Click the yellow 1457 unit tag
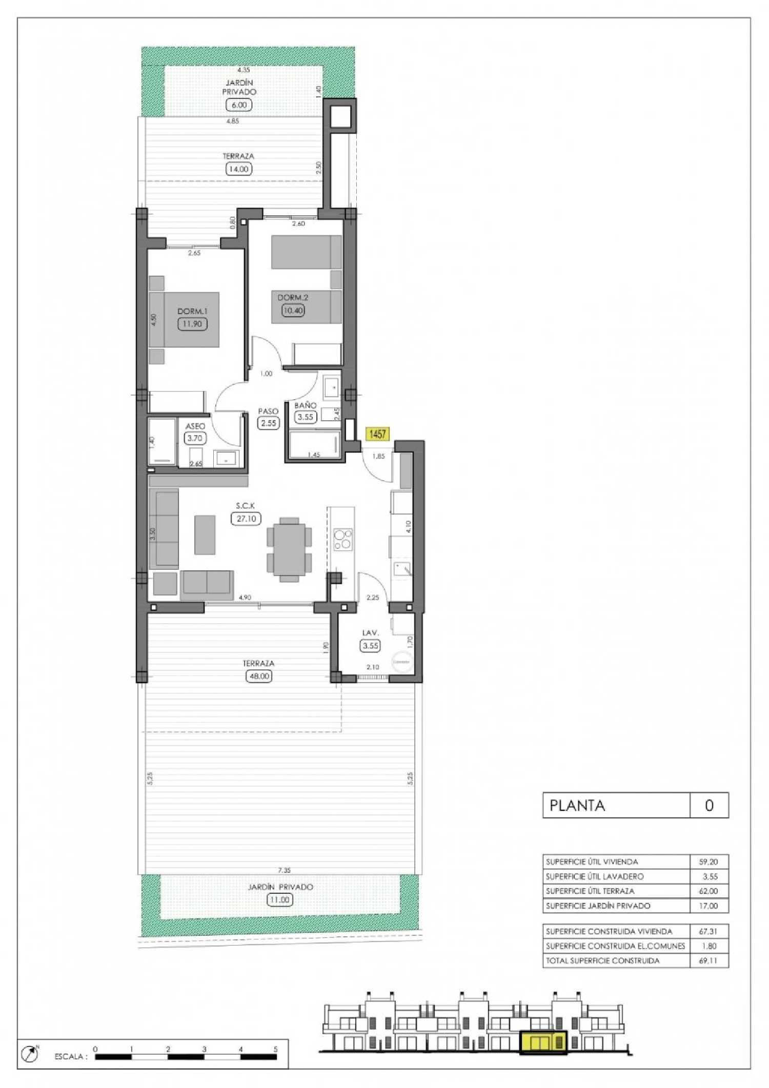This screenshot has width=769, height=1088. [x=377, y=434]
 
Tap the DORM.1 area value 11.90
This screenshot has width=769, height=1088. [x=192, y=324]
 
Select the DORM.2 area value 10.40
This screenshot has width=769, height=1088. [x=293, y=310]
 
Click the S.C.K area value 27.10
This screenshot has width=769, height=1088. [x=246, y=519]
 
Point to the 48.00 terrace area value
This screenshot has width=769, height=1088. [x=258, y=676]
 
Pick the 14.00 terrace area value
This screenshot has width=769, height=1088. [x=238, y=169]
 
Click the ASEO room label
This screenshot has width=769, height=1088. [x=195, y=426]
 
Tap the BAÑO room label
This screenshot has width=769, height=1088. [x=305, y=405]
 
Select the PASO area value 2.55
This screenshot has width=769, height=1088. [x=268, y=423]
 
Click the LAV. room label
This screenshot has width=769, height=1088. [x=370, y=633]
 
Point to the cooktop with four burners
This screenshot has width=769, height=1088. [x=342, y=539]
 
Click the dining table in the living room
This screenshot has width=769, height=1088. [x=289, y=549]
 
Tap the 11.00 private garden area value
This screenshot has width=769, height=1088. [x=280, y=900]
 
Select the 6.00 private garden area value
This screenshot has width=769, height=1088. [x=239, y=105]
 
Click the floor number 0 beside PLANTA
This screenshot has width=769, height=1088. [x=709, y=806]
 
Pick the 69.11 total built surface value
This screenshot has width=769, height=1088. [x=708, y=961]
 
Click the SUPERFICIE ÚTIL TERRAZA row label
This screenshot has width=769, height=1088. [x=590, y=891]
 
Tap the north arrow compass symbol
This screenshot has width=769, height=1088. [x=30, y=1054]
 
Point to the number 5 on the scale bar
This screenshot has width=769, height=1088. [x=275, y=1050]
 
